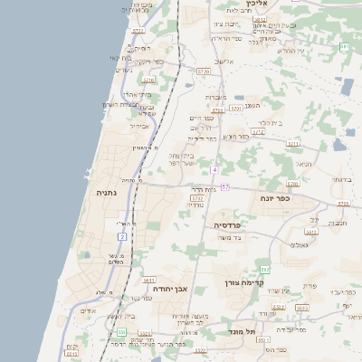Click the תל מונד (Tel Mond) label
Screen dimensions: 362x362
243,331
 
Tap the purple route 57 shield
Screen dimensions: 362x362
225,186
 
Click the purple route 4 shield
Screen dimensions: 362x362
214,170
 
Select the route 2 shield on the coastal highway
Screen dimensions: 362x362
122,236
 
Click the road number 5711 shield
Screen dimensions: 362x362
292,143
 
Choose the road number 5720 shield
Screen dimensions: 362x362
203,71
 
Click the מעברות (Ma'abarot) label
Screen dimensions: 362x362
215,97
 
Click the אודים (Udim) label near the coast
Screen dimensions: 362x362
88,310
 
